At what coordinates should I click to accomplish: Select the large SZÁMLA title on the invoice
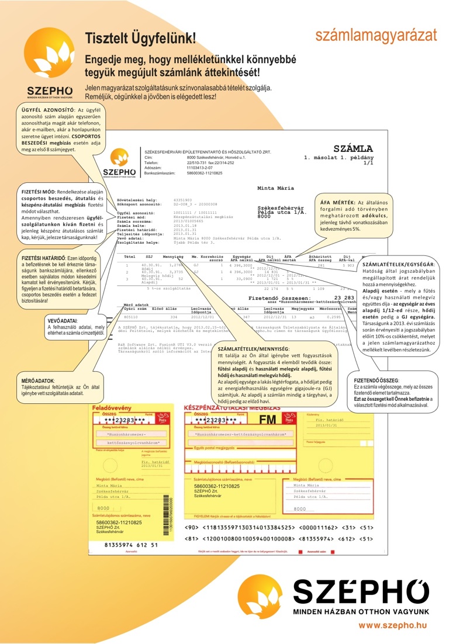point(353,150)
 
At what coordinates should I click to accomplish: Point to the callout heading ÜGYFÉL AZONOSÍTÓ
point(47,110)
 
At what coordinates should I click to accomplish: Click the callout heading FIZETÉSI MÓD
point(39,192)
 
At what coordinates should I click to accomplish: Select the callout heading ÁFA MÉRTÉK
point(339,202)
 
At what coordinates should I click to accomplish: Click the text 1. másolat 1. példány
point(338,158)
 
